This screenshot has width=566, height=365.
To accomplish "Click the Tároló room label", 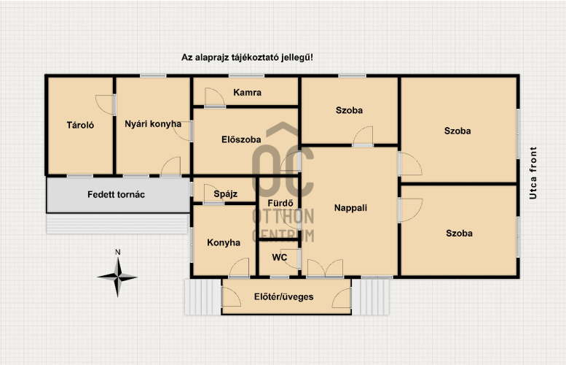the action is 80,125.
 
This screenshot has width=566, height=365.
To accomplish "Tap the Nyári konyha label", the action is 153,124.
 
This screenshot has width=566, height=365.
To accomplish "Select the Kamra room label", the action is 247,93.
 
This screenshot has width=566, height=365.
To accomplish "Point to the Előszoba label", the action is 241,139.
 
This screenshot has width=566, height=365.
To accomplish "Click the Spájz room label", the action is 226,194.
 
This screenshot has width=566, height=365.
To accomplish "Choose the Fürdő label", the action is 280,203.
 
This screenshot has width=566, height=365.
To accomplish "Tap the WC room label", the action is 280,258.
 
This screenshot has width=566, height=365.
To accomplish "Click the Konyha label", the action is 224,242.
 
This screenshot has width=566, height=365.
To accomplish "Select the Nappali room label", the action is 350,208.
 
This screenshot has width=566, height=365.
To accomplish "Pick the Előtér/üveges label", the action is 283,297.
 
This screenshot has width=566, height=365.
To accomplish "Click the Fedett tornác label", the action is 116,195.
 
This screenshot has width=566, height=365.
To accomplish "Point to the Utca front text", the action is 532,173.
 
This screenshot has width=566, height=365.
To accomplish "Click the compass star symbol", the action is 117,277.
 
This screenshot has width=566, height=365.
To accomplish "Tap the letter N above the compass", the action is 118,252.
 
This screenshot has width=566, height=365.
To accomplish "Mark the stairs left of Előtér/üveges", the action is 203,296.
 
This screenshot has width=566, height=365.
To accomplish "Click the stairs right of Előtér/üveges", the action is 371,296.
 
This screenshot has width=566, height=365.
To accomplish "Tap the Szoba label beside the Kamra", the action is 349,110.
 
